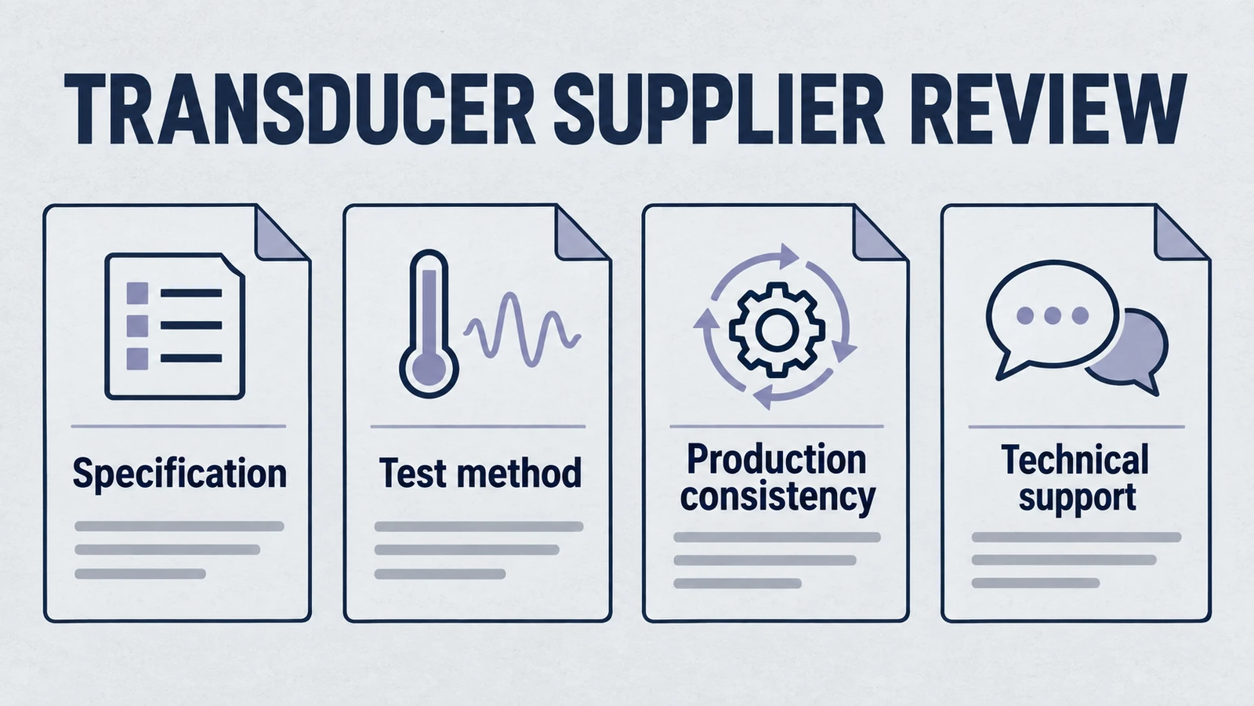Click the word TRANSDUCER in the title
point(299,109)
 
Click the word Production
point(777,460)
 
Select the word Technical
point(1075,460)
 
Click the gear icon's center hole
point(777,329)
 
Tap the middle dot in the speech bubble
point(1053,315)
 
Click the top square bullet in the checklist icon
point(137,293)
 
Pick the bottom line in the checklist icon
point(191,358)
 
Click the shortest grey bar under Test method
point(440,573)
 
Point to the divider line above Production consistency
point(777,427)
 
